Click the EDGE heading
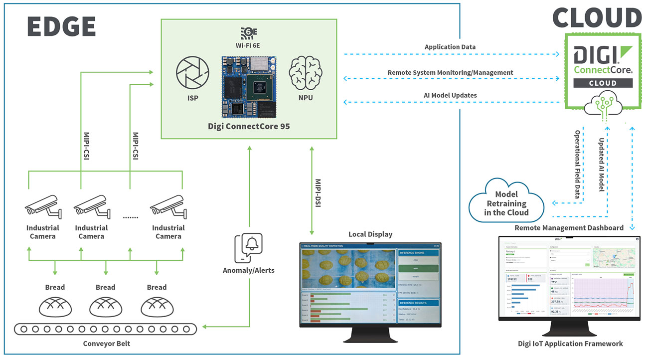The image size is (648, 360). click(x=61, y=27)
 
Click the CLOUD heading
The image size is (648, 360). click(x=597, y=18)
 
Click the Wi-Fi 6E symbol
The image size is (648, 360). click(x=248, y=34)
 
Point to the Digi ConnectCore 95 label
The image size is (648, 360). click(x=249, y=126)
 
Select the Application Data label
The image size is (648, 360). click(x=450, y=47)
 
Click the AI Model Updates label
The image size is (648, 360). click(x=450, y=95)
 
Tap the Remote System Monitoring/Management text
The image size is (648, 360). click(x=450, y=72)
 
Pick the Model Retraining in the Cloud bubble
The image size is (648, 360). click(x=506, y=203)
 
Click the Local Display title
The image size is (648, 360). click(x=370, y=234)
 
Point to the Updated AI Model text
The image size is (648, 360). click(x=601, y=165)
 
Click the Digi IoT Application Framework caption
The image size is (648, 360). click(x=570, y=343)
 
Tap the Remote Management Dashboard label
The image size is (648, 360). click(x=569, y=227)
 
